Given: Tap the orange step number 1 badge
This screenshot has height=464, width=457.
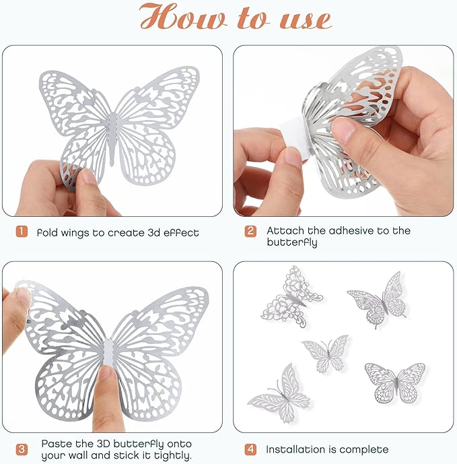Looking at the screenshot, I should click(x=22, y=232).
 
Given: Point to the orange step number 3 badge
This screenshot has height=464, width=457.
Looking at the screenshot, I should click(x=22, y=449).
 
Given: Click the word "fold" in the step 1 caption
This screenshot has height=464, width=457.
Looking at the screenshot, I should click(x=49, y=232).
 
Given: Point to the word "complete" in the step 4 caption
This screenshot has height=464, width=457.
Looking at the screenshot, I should click(x=364, y=449).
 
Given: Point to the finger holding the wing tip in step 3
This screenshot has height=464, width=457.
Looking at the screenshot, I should click(x=17, y=303).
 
